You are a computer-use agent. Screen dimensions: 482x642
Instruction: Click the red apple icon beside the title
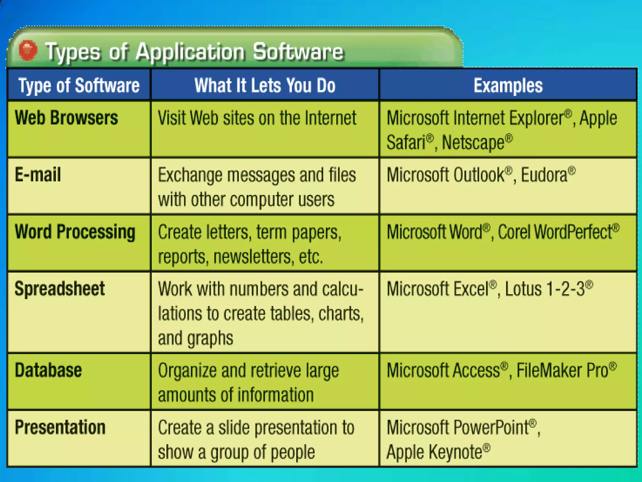click(28, 50)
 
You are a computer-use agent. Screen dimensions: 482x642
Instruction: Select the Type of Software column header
click(79, 85)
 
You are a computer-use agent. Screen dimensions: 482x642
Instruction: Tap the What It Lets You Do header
click(265, 85)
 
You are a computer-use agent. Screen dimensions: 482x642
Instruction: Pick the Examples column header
click(508, 85)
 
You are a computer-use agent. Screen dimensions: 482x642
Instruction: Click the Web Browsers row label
click(66, 118)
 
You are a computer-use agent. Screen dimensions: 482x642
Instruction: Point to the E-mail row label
click(38, 174)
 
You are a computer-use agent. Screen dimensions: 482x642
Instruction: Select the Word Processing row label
click(75, 232)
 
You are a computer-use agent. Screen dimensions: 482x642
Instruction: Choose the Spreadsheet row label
click(60, 289)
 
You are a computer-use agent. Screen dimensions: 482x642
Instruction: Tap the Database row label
click(48, 370)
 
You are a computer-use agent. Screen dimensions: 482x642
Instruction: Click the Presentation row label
click(60, 427)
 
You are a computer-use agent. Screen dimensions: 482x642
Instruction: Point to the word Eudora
click(544, 175)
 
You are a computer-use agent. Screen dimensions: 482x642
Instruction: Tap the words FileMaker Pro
click(562, 370)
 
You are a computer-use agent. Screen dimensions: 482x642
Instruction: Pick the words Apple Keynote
click(434, 452)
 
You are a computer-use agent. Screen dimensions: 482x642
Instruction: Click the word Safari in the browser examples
click(406, 142)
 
